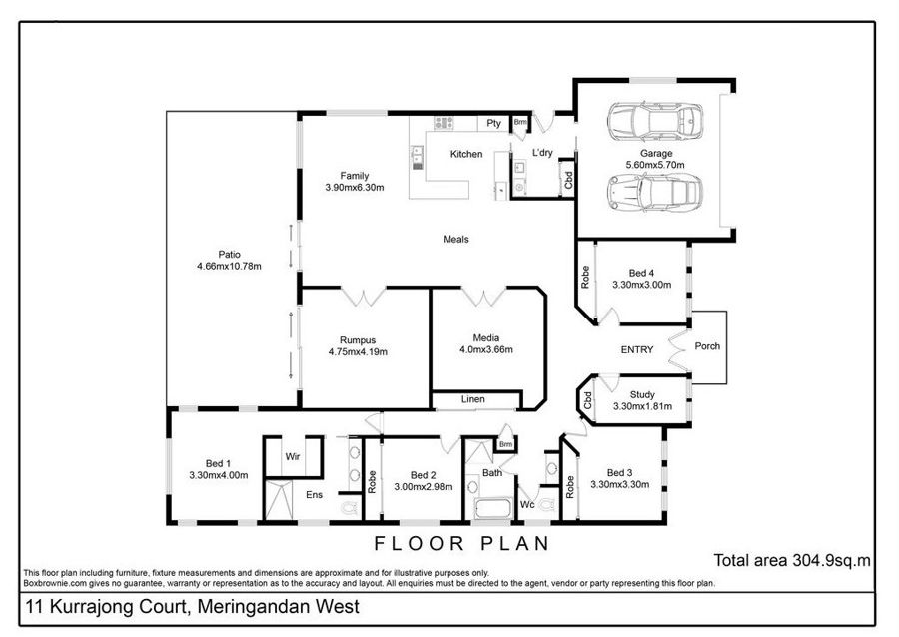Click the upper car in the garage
pos(655,122)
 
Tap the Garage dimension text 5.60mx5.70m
pos(655,165)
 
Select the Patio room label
pos(230,254)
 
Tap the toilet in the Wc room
pos(548,503)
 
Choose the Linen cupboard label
pos(473,399)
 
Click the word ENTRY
pos(637,349)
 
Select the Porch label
pos(707,346)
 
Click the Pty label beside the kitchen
pos(493,123)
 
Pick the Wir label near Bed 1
pos(293,456)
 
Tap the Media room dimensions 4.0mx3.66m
pos(486,349)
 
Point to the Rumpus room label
pos(358,340)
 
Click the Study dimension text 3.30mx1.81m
pos(642,406)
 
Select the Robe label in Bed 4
pos(584,277)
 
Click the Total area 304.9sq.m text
pos(792,560)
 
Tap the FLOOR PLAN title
pos(462,543)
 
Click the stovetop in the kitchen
pos(444,123)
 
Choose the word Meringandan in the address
pos(278,607)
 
